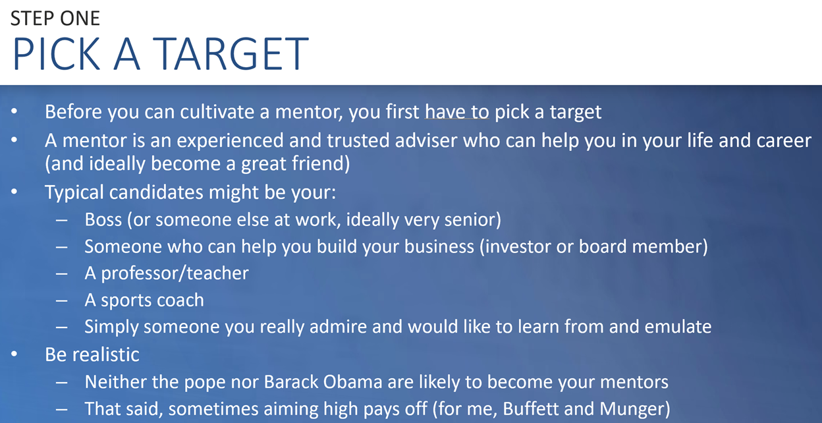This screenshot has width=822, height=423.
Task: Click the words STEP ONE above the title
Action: pos(55,18)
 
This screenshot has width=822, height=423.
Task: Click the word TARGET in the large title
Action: pos(231,53)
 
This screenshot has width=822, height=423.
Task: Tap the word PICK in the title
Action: pos(57,53)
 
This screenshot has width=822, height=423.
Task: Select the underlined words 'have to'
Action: pos(457,111)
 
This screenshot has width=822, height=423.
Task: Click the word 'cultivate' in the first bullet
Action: pos(217,111)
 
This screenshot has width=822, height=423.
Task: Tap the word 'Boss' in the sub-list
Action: pos(103,219)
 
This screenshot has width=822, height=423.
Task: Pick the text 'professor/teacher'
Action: pos(175,273)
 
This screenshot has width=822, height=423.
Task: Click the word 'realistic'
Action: pos(105,354)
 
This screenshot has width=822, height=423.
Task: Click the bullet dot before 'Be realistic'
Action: pos(14,354)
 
